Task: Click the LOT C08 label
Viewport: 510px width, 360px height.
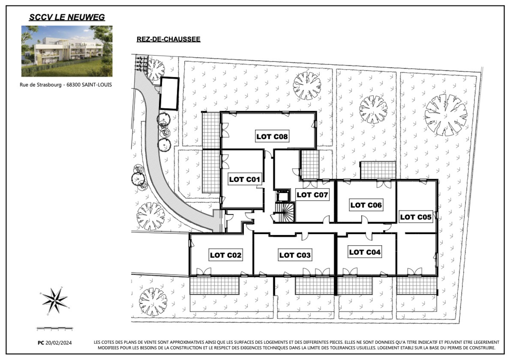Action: coord(272,137)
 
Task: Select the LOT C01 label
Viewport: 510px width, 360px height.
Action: coord(244,179)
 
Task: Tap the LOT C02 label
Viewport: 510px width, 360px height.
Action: coord(225,255)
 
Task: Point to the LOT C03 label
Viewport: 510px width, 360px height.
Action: coord(295,255)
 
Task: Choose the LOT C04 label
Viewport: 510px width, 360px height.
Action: coord(365,252)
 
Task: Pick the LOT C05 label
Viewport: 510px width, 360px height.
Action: coord(416,217)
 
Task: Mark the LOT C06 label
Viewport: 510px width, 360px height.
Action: coord(366,205)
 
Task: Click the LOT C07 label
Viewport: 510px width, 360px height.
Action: coord(312,195)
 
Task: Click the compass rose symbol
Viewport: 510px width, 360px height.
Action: coord(55,301)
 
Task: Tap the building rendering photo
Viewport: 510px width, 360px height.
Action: coord(67,51)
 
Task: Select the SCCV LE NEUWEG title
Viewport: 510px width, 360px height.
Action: coord(67,17)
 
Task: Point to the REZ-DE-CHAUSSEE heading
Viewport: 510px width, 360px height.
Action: coord(169,39)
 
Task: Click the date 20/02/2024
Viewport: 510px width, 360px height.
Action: coord(59,343)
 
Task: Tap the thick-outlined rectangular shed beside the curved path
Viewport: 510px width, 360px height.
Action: coord(169,94)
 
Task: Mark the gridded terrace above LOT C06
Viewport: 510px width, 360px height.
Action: coord(378,170)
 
